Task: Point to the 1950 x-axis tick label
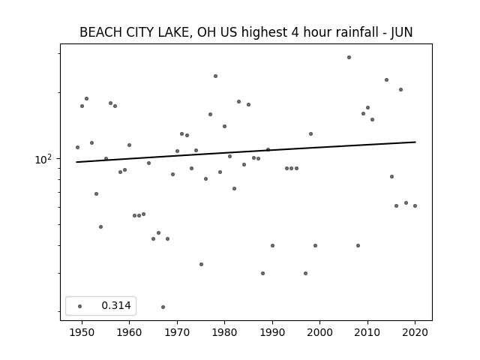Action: [x=82, y=332]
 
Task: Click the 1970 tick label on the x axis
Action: [x=177, y=332]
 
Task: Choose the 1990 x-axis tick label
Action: [x=272, y=332]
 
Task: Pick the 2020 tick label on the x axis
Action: [x=415, y=332]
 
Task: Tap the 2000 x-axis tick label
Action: [x=320, y=332]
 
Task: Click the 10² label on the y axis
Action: [x=43, y=159]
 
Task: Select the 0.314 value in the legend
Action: [x=116, y=305]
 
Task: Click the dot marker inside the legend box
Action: [x=80, y=306]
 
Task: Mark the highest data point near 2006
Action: [x=349, y=57]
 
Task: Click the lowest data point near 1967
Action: [x=163, y=307]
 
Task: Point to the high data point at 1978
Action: [x=215, y=76]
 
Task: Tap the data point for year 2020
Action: [x=415, y=205]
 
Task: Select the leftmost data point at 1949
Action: [x=77, y=147]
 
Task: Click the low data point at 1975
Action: [x=201, y=264]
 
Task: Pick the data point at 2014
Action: [x=387, y=80]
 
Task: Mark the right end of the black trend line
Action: [x=415, y=142]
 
